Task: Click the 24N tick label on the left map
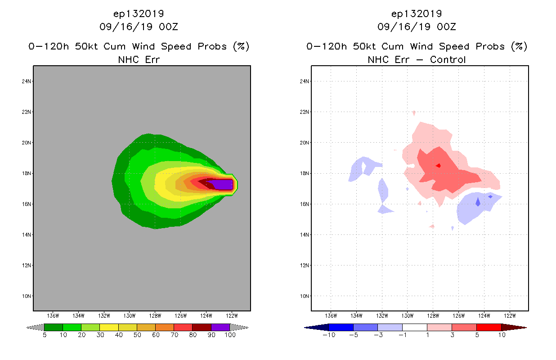(x=27, y=81)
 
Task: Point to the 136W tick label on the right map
(x=331, y=315)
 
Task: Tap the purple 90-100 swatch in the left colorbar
(x=220, y=327)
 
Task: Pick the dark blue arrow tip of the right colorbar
(x=312, y=327)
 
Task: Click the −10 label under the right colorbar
(x=329, y=335)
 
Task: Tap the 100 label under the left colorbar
(x=230, y=335)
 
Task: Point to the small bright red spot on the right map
(x=438, y=166)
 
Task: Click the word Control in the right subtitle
(x=448, y=59)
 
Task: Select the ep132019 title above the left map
(x=139, y=13)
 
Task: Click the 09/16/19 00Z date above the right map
(x=417, y=27)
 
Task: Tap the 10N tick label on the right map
(x=305, y=296)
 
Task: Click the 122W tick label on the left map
(x=232, y=315)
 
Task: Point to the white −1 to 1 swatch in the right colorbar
(x=414, y=327)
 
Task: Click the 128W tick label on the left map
(x=155, y=315)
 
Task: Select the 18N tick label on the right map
(x=305, y=173)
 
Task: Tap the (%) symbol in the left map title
(x=241, y=46)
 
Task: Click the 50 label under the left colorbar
(x=137, y=335)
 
